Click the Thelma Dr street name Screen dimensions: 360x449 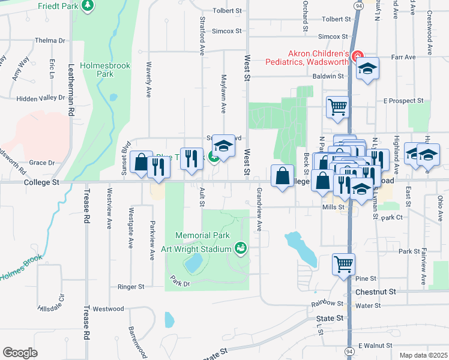click(x=50, y=41)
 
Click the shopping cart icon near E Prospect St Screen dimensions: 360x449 click(x=337, y=107)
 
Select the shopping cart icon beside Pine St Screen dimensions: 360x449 click(x=343, y=264)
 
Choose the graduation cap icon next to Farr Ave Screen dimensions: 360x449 click(x=368, y=69)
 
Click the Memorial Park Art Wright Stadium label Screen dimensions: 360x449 click(x=203, y=242)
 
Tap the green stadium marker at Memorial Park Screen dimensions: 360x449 click(x=241, y=247)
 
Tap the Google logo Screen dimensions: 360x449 click(x=20, y=352)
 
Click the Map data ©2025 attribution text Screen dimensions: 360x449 click(x=423, y=355)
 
